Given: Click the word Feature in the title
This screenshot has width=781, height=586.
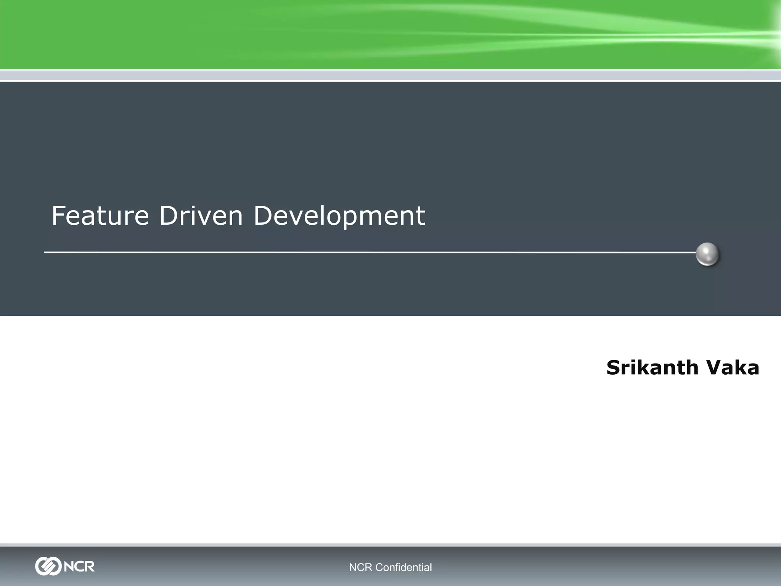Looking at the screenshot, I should point(100,216).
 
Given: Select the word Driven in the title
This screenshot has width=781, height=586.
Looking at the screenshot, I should point(201,216).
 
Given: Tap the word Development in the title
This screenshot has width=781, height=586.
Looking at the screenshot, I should point(339,216).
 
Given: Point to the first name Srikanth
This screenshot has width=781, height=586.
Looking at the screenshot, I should point(652,367).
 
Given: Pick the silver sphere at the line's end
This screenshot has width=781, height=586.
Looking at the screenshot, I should point(707,254).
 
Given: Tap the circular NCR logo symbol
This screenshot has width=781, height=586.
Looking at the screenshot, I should point(48,566).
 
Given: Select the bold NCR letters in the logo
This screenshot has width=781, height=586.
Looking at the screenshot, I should point(79,566).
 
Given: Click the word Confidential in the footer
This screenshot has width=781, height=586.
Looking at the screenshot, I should point(403,568).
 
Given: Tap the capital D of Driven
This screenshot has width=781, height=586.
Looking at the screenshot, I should point(168,216).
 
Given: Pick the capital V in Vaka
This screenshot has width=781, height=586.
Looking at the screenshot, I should point(713,367).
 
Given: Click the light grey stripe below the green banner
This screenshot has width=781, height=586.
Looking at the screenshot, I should point(390,75).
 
